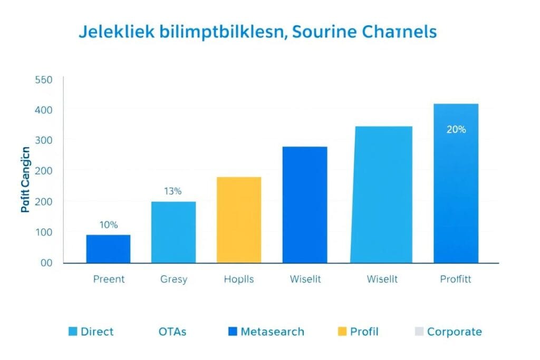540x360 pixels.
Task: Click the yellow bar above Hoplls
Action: (x=238, y=220)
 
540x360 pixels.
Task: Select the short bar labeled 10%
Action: (x=108, y=249)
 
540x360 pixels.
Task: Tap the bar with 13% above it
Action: (x=173, y=232)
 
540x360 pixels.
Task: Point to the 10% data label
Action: (x=108, y=225)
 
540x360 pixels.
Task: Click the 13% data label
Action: (x=172, y=191)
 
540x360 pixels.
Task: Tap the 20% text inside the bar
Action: (x=456, y=130)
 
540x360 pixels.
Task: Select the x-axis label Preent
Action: (x=108, y=279)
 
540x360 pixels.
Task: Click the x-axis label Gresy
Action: (x=173, y=279)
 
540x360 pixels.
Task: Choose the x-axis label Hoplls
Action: (x=238, y=279)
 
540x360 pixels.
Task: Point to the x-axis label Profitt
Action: (x=456, y=279)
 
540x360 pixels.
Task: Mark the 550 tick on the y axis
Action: (x=43, y=80)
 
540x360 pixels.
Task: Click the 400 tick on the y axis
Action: (x=43, y=110)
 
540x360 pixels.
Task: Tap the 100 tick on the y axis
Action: (x=43, y=232)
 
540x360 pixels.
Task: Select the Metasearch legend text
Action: (x=272, y=332)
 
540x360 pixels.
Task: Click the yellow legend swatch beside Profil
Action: (x=342, y=332)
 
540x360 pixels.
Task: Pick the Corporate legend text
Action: (x=454, y=332)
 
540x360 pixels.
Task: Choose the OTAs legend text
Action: (x=172, y=332)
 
